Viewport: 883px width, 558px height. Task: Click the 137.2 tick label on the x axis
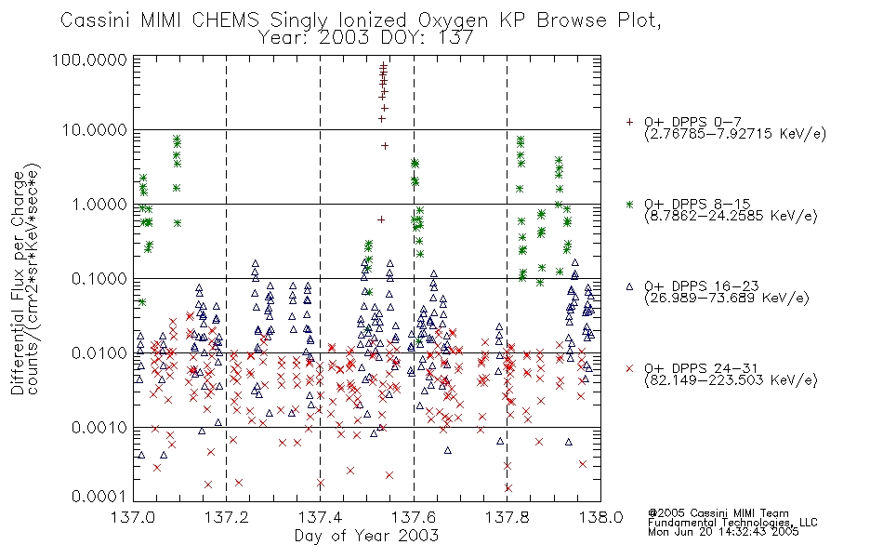[x=227, y=517]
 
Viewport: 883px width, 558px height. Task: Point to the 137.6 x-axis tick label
[x=414, y=517]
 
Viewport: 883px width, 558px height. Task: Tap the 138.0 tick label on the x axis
[x=600, y=517]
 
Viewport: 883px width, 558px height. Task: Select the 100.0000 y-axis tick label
[x=89, y=60]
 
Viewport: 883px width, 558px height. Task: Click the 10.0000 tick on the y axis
[x=94, y=130]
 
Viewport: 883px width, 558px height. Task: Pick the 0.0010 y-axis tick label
[x=99, y=428]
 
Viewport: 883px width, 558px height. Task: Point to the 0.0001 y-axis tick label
[x=99, y=497]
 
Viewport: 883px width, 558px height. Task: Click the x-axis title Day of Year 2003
[x=366, y=536]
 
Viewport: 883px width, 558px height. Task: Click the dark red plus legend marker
[x=629, y=122]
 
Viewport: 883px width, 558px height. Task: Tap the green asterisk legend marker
[x=629, y=204]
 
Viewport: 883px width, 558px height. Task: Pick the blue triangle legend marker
[x=629, y=286]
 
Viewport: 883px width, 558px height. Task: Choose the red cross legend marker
[x=629, y=368]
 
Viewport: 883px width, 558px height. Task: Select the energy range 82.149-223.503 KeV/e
[x=731, y=380]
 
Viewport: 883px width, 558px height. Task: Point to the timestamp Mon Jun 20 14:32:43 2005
[x=723, y=532]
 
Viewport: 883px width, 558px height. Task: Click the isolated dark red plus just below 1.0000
[x=381, y=219]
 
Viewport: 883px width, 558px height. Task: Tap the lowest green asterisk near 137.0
[x=142, y=302]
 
